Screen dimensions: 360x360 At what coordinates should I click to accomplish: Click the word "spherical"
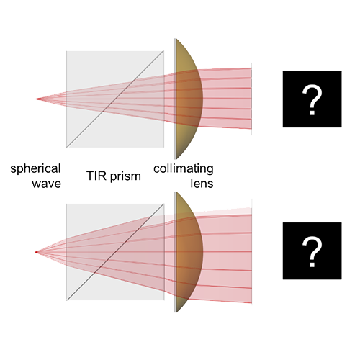pyautogui.click(x=35, y=169)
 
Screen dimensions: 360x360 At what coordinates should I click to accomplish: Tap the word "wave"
pyautogui.click(x=47, y=184)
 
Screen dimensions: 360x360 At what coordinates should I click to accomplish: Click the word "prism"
pyautogui.click(x=125, y=176)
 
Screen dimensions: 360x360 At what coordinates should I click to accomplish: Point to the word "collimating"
pyautogui.click(x=184, y=169)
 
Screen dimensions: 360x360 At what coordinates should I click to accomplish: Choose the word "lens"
pyautogui.click(x=202, y=184)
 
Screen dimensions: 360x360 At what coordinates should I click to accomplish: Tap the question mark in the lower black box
pyautogui.click(x=312, y=252)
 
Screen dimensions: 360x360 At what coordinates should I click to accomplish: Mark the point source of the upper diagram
pyautogui.click(x=36, y=99)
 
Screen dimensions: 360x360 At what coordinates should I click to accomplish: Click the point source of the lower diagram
pyautogui.click(x=36, y=252)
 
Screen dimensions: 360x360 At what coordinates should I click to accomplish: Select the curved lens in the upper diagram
pyautogui.click(x=189, y=99)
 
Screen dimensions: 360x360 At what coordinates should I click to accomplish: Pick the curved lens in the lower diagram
pyautogui.click(x=189, y=252)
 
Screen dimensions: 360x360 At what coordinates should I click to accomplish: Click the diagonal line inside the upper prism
pyautogui.click(x=115, y=99)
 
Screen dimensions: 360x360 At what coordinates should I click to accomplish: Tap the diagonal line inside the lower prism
pyautogui.click(x=115, y=252)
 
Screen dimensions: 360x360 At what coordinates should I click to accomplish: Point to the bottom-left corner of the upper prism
pyautogui.click(x=66, y=148)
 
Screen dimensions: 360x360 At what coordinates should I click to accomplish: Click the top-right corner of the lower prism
pyautogui.click(x=164, y=204)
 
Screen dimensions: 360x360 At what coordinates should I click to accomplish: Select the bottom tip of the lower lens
pyautogui.click(x=176, y=312)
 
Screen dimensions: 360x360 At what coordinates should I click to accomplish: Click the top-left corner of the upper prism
pyautogui.click(x=66, y=51)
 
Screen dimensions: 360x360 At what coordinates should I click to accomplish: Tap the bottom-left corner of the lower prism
pyautogui.click(x=66, y=300)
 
